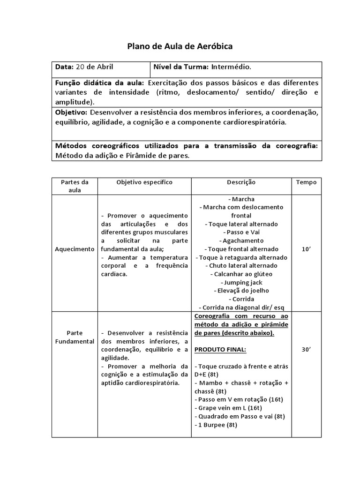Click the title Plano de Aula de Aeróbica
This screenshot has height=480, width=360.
180,46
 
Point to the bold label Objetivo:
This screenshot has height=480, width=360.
71,113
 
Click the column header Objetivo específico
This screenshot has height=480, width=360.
144,182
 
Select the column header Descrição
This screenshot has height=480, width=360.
241,182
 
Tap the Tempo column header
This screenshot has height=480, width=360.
306,182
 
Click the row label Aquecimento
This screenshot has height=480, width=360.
75,249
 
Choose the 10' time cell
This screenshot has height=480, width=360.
306,249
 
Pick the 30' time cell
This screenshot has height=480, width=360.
306,349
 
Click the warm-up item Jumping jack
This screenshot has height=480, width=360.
241,282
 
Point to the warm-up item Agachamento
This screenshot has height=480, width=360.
241,240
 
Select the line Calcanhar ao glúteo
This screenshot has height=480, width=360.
241,274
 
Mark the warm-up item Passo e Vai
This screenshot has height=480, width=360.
241,232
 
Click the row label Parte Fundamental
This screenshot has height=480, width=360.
75,337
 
